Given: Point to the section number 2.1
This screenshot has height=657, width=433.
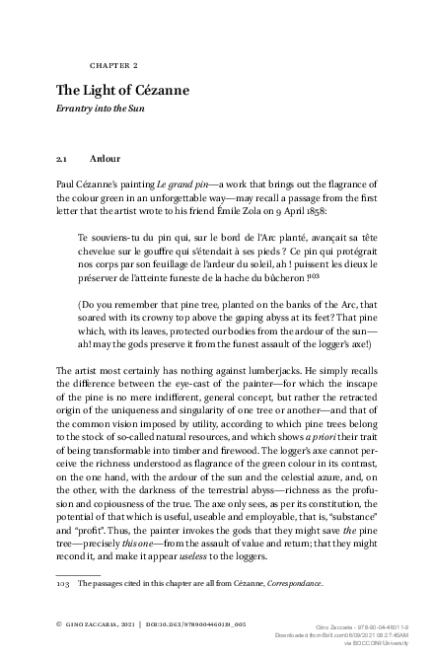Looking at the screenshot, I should (x=64, y=158).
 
